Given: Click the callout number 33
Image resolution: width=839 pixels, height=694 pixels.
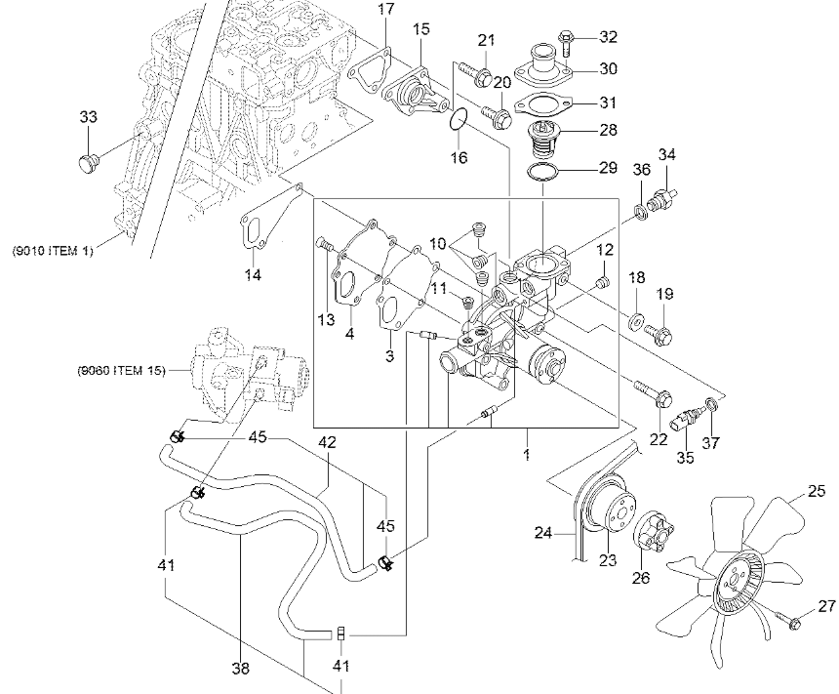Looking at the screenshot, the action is (x=89, y=117).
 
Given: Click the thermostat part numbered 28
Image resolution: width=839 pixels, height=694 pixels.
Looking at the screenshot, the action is (x=542, y=138).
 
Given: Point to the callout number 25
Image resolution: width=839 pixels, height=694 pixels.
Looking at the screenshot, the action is (x=816, y=491).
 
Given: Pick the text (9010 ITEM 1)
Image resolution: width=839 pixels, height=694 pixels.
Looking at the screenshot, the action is (x=53, y=251).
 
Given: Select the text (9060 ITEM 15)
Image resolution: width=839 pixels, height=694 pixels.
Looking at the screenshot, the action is (x=121, y=371).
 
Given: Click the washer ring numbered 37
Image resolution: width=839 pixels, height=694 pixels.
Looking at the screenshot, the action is (x=711, y=403).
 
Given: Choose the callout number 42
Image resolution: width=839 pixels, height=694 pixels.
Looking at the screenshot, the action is (x=327, y=442).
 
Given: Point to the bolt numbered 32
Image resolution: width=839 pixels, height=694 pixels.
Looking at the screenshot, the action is (x=566, y=42).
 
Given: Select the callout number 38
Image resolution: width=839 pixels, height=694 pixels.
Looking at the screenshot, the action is (x=241, y=669).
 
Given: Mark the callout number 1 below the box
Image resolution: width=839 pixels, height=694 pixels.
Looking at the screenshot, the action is (x=527, y=455).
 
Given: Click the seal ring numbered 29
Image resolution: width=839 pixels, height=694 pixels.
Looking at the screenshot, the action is (x=542, y=172).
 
